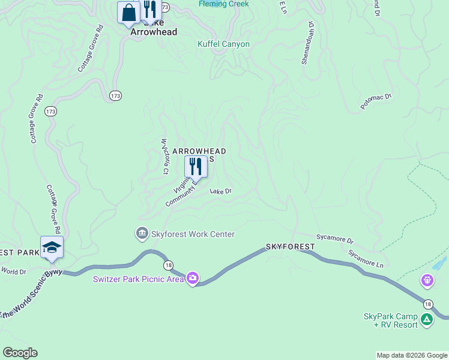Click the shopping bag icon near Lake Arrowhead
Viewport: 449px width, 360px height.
point(128,12)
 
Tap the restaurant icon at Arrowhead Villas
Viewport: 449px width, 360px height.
point(196,166)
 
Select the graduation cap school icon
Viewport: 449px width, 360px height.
point(52,247)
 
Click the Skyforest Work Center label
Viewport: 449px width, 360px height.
point(193,234)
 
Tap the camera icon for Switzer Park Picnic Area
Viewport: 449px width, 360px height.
point(193,278)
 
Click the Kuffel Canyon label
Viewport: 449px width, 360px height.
point(223,44)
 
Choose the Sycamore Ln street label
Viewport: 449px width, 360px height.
point(366,258)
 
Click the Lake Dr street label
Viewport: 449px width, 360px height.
point(220,191)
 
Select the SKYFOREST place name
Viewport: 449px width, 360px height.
point(291,247)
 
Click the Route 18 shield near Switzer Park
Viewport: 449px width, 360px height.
point(168,265)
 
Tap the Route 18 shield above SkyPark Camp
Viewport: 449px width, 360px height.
point(427,304)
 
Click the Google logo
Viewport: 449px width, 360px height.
point(20,353)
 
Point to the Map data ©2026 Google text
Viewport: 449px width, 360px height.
point(412,355)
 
